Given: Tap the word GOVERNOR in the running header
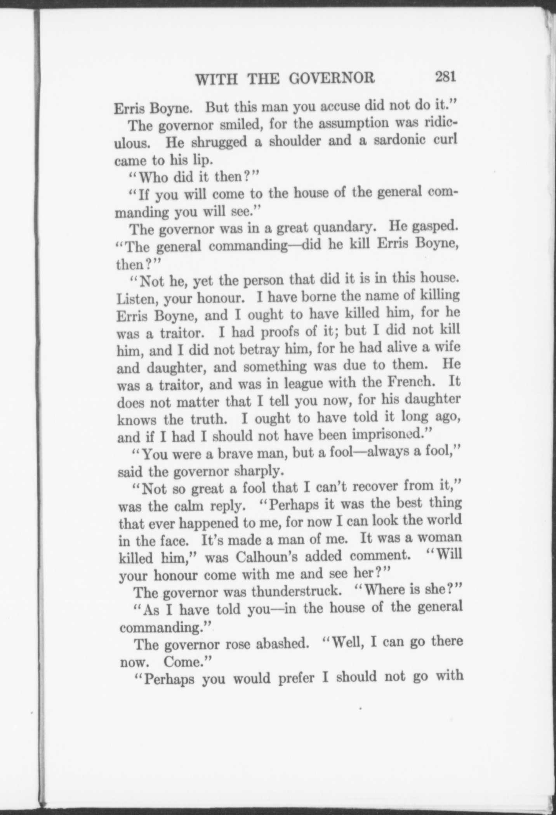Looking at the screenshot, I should point(332,79).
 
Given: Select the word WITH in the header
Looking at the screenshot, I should point(211,80).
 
